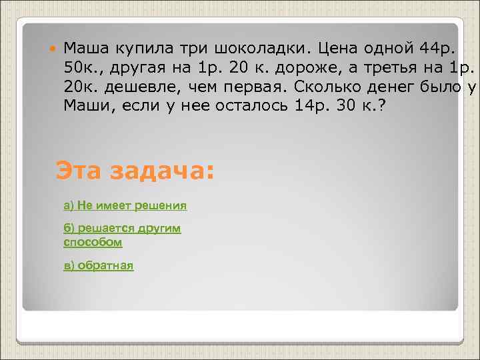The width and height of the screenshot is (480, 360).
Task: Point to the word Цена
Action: tap(337, 49)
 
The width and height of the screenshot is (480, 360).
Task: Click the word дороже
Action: tap(323, 68)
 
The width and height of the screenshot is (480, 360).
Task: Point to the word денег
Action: tap(401, 87)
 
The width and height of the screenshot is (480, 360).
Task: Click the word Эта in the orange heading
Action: tap(79, 170)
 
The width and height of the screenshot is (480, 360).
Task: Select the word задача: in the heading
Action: tap(161, 170)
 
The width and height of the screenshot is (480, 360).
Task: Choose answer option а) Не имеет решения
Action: tap(125, 205)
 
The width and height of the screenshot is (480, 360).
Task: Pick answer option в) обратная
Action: tap(99, 265)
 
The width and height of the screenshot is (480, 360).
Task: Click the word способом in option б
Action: tap(93, 243)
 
